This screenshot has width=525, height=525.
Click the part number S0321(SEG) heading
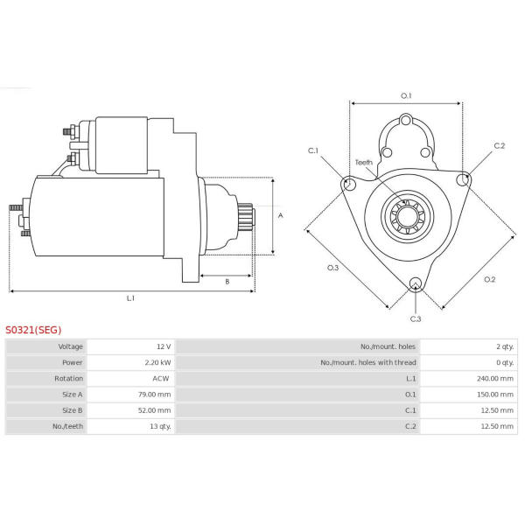tap(33, 330)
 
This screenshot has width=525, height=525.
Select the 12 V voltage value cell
tap(163, 347)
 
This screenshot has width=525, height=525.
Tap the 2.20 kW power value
tap(158, 363)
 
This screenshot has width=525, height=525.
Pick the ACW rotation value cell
tap(162, 379)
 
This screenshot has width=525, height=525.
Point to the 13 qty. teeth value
tap(158, 426)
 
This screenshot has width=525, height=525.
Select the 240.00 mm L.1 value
tap(495, 379)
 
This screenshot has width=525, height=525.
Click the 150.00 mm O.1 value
tap(495, 395)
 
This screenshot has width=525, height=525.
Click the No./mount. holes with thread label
tap(367, 363)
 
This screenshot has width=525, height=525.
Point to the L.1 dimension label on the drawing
tap(130, 298)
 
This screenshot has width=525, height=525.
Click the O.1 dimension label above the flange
tap(406, 95)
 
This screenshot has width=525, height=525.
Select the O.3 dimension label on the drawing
tap(332, 267)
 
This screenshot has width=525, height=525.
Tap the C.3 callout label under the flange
tap(415, 318)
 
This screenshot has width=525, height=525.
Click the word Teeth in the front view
tap(364, 162)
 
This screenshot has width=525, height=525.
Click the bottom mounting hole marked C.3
tap(416, 283)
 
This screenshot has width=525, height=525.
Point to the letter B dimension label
tap(227, 281)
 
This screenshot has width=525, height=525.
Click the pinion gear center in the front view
tap(407, 214)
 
